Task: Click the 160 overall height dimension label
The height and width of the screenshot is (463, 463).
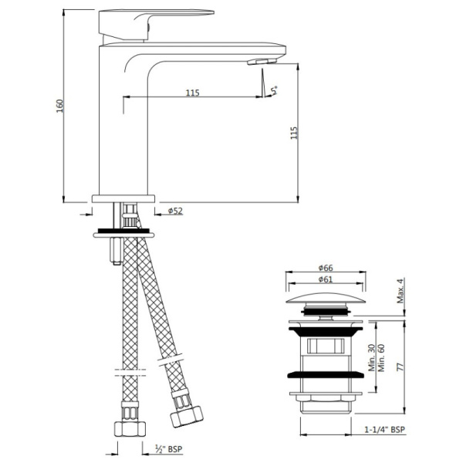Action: [60, 106]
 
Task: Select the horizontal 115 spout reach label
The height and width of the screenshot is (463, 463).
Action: [192, 93]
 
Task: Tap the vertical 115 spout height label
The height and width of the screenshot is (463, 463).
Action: [294, 133]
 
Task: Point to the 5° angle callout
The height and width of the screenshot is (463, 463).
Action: [275, 90]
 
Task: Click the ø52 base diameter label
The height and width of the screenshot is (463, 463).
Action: [175, 211]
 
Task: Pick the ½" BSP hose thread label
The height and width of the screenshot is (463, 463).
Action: [169, 449]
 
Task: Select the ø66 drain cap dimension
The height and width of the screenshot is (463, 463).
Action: [326, 268]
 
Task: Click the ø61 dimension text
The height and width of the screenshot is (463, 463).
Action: [326, 279]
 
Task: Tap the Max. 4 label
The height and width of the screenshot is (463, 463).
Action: [400, 291]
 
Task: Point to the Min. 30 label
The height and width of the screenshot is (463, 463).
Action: [371, 358]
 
